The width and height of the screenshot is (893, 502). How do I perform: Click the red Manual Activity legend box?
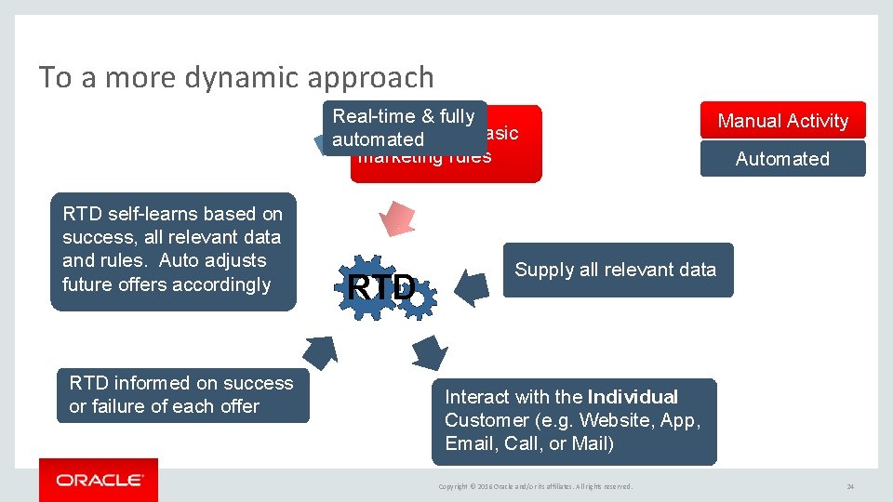coord(782,121)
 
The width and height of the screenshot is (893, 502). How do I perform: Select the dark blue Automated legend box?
coord(782,159)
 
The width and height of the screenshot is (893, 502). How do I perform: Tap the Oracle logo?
coord(99,480)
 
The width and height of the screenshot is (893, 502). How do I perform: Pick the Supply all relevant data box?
coord(617,271)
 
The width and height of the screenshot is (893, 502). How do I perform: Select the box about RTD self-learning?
coord(173,250)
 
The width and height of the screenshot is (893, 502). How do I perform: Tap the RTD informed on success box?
coord(182,395)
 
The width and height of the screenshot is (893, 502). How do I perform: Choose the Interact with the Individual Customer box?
coord(574,421)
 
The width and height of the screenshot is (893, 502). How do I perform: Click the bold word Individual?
coord(633,397)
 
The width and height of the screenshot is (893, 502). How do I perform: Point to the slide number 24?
coord(849,486)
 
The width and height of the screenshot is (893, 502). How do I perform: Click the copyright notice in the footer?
coord(535,486)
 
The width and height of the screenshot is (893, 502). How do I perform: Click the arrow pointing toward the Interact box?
coord(429,352)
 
